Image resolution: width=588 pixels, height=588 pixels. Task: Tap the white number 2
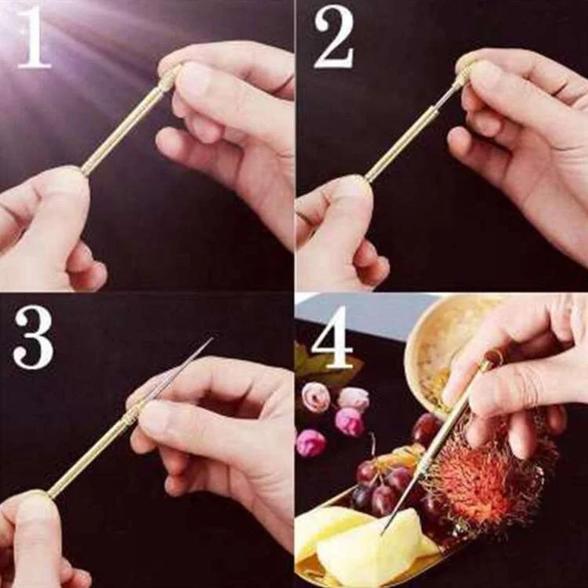[334, 38]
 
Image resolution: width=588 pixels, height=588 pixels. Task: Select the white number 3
[33, 337]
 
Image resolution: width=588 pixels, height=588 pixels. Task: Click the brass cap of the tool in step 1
[169, 78]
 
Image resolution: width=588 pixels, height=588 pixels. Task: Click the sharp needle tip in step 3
[212, 338]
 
